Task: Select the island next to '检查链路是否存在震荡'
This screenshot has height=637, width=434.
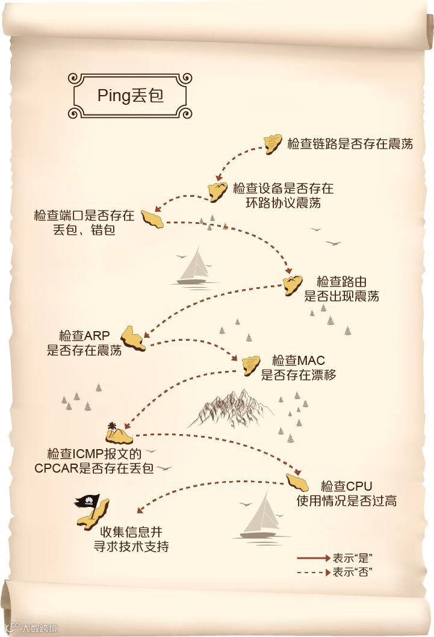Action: pos(273,143)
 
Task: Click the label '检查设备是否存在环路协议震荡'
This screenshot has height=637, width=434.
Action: pos(283,196)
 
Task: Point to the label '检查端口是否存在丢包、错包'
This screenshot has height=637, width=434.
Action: pos(84,222)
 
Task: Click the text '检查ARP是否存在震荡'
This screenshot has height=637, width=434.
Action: pos(84,343)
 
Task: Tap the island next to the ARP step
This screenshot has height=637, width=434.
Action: pos(133,338)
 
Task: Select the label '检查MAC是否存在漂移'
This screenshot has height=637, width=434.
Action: pos(298,367)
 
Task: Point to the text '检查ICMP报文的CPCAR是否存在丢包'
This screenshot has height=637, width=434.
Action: pos(94,461)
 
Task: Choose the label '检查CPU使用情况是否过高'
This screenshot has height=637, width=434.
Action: pos(346,493)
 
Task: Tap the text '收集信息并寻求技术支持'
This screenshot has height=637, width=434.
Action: pos(134,539)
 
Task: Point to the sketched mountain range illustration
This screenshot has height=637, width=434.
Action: pos(232,406)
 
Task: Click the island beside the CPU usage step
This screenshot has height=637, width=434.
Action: pos(297,482)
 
